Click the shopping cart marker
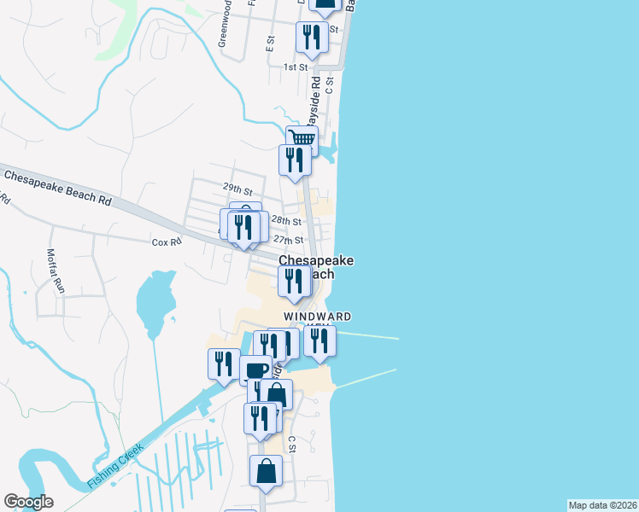coord(302,140)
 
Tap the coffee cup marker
coord(255,369)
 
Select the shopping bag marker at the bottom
coord(267,470)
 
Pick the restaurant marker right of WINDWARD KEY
coord(319,340)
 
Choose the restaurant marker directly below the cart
coord(295,160)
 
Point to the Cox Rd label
coord(167,242)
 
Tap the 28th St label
coord(287,220)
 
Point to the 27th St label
coord(290,241)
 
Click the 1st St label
coord(296,67)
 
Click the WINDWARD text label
coord(317,317)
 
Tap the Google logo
coord(28,502)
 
